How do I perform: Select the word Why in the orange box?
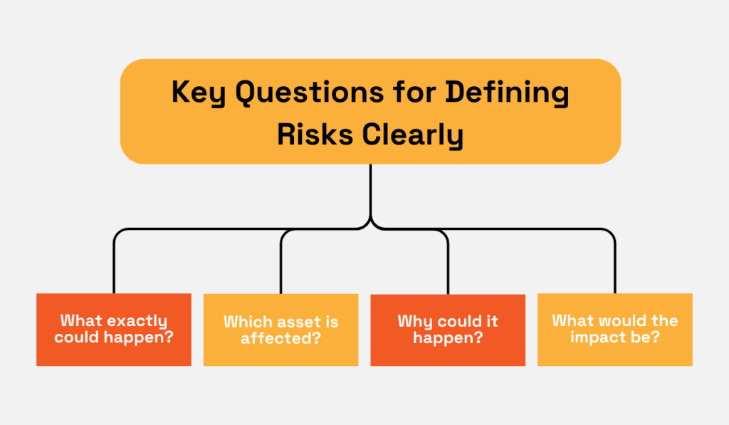click(x=414, y=321)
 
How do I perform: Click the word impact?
click(x=597, y=337)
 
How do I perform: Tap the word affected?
click(x=280, y=338)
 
